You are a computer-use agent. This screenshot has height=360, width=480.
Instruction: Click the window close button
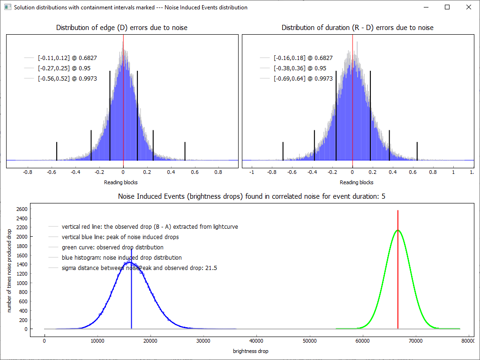pos(468,7)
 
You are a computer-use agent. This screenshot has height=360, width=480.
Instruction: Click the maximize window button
pos(447,7)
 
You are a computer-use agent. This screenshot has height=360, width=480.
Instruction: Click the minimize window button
pos(426,7)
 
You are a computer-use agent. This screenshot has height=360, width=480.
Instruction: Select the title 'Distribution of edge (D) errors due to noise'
pos(122,28)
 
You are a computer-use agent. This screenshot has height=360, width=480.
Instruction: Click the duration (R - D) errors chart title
pos(357,28)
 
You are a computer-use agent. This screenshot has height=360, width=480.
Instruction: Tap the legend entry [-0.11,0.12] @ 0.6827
pos(67,58)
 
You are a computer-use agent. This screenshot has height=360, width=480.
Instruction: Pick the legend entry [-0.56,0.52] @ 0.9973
pos(67,79)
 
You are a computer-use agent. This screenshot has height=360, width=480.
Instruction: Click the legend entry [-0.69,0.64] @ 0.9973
pos(303,79)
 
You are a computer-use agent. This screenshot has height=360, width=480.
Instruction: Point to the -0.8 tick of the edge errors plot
pos(28,172)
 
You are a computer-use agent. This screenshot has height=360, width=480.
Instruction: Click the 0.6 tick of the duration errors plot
pos(413,172)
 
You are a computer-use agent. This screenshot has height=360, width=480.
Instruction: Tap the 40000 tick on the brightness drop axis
pos(256,341)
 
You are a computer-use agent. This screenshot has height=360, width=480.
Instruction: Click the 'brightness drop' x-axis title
pos(251,351)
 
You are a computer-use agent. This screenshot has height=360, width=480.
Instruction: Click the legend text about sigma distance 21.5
pos(139,268)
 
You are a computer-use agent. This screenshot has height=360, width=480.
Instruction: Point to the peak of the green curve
pos(398,230)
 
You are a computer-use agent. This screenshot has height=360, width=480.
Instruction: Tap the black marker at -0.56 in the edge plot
pos(57,151)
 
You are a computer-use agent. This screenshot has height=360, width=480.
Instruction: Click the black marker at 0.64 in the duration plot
pos(417,151)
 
